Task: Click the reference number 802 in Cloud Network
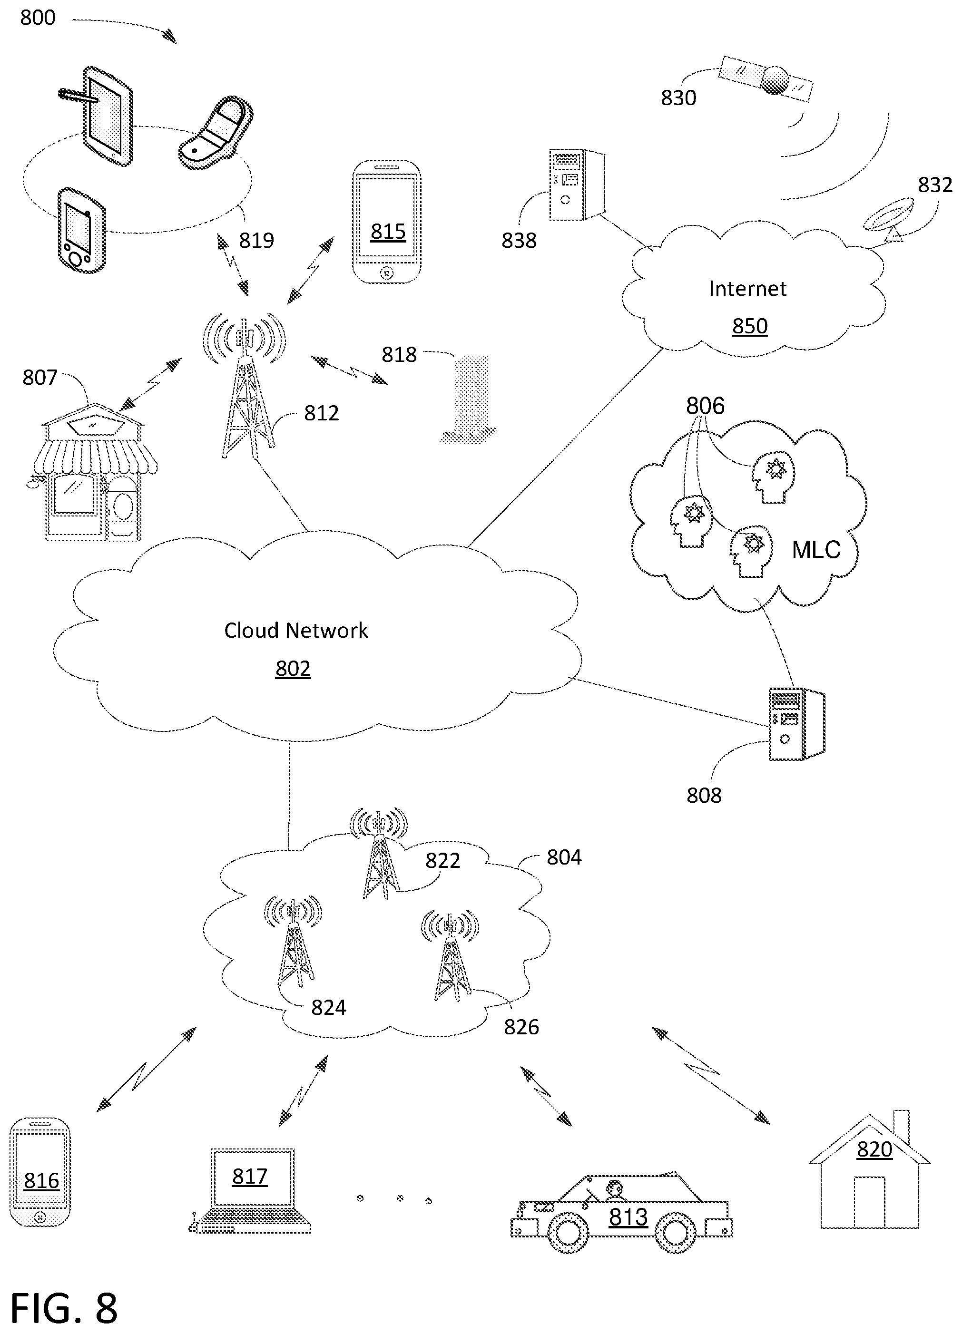click(293, 668)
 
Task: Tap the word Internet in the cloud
click(747, 289)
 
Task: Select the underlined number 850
click(750, 326)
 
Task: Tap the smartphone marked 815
click(386, 222)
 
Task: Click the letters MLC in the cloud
click(816, 550)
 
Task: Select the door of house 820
click(869, 1203)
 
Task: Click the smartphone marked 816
click(40, 1172)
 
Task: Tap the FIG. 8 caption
click(63, 1308)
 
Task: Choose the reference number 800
click(38, 18)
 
